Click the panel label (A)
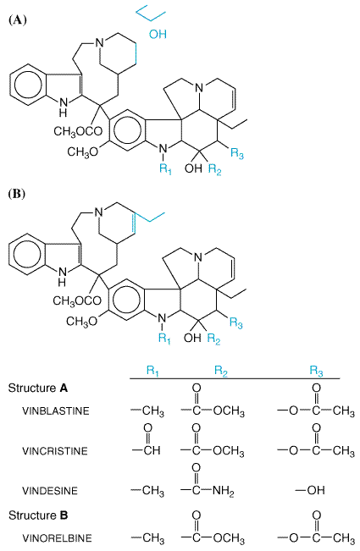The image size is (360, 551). pyautogui.click(x=17, y=19)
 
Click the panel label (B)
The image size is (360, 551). pyautogui.click(x=17, y=194)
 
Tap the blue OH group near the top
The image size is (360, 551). pyautogui.click(x=158, y=34)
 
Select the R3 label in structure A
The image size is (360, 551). pyautogui.click(x=237, y=153)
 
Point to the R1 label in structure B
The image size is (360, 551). pyautogui.click(x=164, y=339)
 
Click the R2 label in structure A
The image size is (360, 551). pyautogui.click(x=214, y=169)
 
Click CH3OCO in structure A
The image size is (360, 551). pyautogui.click(x=78, y=132)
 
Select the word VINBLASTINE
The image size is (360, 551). pyautogui.click(x=56, y=410)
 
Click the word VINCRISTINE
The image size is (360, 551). pyautogui.click(x=55, y=450)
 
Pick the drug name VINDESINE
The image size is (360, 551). pyautogui.click(x=50, y=490)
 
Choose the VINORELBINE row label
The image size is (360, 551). pyautogui.click(x=57, y=537)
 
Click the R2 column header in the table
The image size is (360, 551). pyautogui.click(x=221, y=371)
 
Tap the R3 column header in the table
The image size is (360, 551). pyautogui.click(x=317, y=371)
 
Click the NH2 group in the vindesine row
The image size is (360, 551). pyautogui.click(x=223, y=491)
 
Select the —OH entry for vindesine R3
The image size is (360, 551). pyautogui.click(x=309, y=490)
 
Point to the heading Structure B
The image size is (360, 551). pyautogui.click(x=38, y=515)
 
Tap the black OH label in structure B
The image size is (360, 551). pyautogui.click(x=192, y=338)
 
